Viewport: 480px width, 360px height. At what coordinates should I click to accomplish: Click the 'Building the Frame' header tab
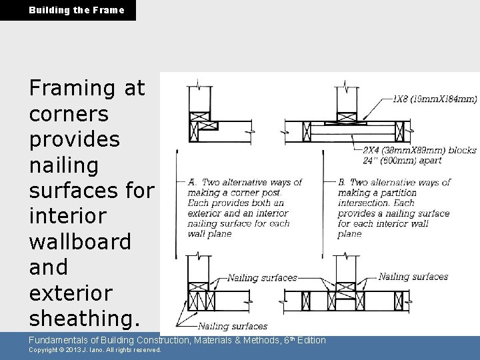pyautogui.click(x=67, y=10)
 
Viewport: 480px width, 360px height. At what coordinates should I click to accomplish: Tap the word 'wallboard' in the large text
pyautogui.click(x=80, y=241)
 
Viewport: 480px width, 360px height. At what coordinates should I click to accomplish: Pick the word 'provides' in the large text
pyautogui.click(x=75, y=139)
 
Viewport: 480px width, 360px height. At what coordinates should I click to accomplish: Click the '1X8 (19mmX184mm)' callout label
pyautogui.click(x=434, y=99)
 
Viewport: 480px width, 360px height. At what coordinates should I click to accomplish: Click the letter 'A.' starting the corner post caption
pyautogui.click(x=193, y=182)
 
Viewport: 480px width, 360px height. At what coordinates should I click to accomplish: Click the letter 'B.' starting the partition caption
pyautogui.click(x=342, y=182)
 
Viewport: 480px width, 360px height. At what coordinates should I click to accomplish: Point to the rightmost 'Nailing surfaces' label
pyautogui.click(x=413, y=277)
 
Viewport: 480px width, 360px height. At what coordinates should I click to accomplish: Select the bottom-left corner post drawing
pyautogui.click(x=201, y=294)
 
